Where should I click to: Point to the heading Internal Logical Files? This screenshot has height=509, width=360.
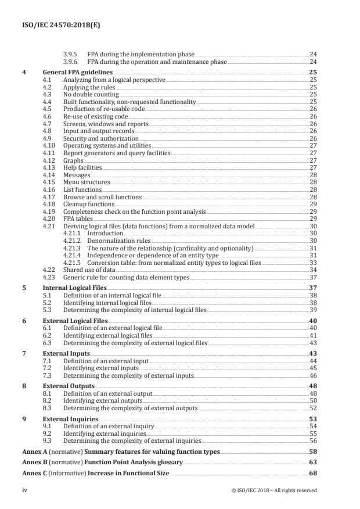[73, 288]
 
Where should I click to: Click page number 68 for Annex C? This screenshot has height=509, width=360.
[312, 474]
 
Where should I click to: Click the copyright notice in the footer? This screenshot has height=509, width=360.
[273, 490]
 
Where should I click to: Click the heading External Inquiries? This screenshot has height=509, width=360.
[70, 419]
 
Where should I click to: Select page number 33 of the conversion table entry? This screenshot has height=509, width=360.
[313, 263]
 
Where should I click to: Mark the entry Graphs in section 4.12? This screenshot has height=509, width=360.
[73, 160]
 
